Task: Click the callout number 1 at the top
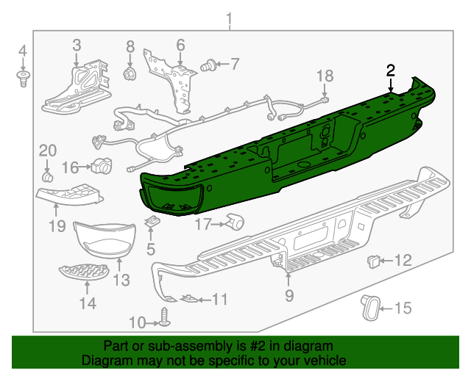(229, 18)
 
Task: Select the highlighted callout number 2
(391, 70)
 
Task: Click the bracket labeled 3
(77, 87)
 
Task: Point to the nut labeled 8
(130, 74)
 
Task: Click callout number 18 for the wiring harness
(325, 75)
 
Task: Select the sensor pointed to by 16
(100, 166)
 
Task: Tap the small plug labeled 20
(48, 177)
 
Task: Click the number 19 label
(57, 227)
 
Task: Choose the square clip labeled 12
(373, 259)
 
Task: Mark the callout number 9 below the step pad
(288, 295)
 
